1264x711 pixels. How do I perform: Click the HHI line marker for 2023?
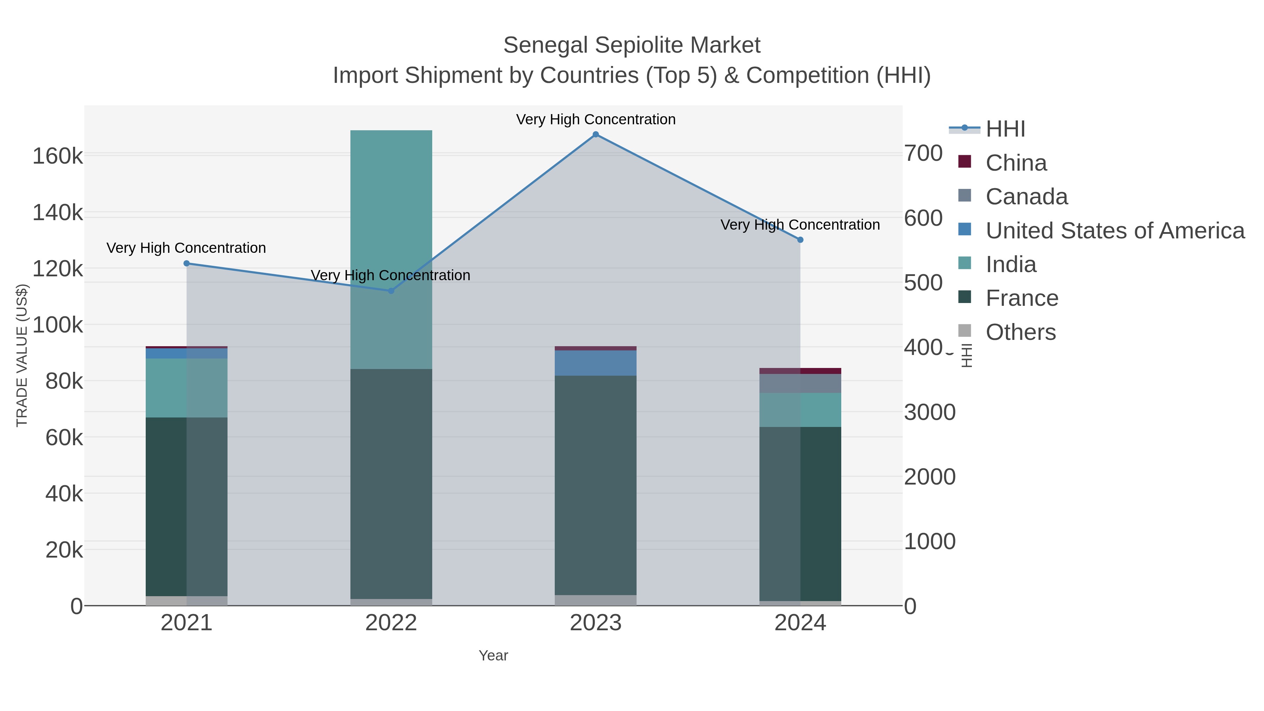click(596, 134)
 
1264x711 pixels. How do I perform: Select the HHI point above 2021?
click(186, 263)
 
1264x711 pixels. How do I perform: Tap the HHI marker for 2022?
click(391, 291)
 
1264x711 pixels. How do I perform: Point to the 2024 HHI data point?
click(800, 240)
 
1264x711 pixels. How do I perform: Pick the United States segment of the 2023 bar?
click(596, 363)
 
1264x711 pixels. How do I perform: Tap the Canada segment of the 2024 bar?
click(800, 383)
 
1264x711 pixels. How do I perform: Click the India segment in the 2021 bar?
click(186, 388)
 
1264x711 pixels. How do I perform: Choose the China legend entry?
click(1016, 163)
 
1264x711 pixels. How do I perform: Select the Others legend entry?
click(1021, 332)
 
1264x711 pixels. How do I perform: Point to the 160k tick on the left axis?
click(58, 157)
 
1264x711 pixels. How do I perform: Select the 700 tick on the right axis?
click(923, 153)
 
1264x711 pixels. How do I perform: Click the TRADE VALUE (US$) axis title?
click(22, 355)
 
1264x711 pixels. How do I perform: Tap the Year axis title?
click(493, 656)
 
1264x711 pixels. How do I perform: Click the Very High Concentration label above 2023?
click(596, 119)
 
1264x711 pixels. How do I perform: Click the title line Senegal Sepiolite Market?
click(632, 45)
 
